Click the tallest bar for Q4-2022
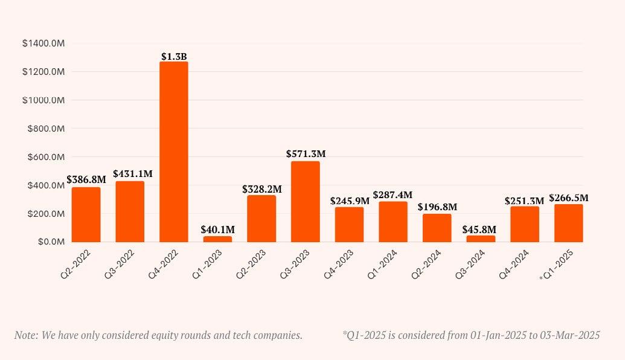[x=174, y=151]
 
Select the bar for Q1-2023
[x=217, y=239]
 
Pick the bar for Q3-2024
[x=481, y=239]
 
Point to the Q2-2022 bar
[x=86, y=214]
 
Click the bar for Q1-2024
[x=393, y=222]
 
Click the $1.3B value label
[x=174, y=57]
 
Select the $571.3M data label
[x=306, y=154]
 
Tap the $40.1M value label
[x=218, y=230]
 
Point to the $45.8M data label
[x=479, y=230]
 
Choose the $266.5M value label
[x=569, y=198]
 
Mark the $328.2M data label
[x=262, y=189]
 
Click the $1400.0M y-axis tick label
[x=43, y=43]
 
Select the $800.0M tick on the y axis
[x=43, y=129]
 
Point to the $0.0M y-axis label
[x=51, y=242]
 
